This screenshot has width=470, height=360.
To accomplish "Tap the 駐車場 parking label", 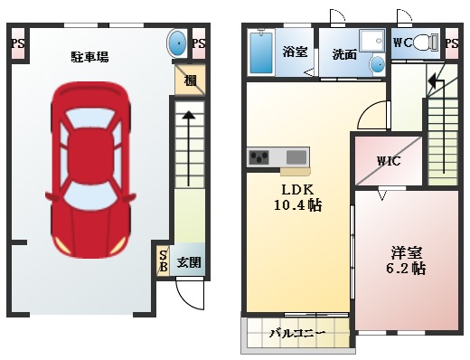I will point(90,57).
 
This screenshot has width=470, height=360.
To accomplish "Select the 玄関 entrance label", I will point(189,262).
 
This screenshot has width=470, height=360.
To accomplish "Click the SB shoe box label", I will point(164,261).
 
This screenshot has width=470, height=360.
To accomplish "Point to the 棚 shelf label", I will point(191,80).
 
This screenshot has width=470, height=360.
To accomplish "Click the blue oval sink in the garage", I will point(178,43).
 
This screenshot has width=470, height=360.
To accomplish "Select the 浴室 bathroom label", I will point(295,51).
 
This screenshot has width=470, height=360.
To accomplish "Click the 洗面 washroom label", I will point(343,55).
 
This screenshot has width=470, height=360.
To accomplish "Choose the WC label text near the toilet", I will point(403,42).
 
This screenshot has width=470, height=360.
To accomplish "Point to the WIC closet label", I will point(389,162).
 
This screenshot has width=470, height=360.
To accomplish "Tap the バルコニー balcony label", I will point(296,334).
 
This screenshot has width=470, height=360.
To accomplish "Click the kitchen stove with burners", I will point(259,157).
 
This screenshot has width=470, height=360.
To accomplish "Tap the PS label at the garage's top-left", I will point(16,43).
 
